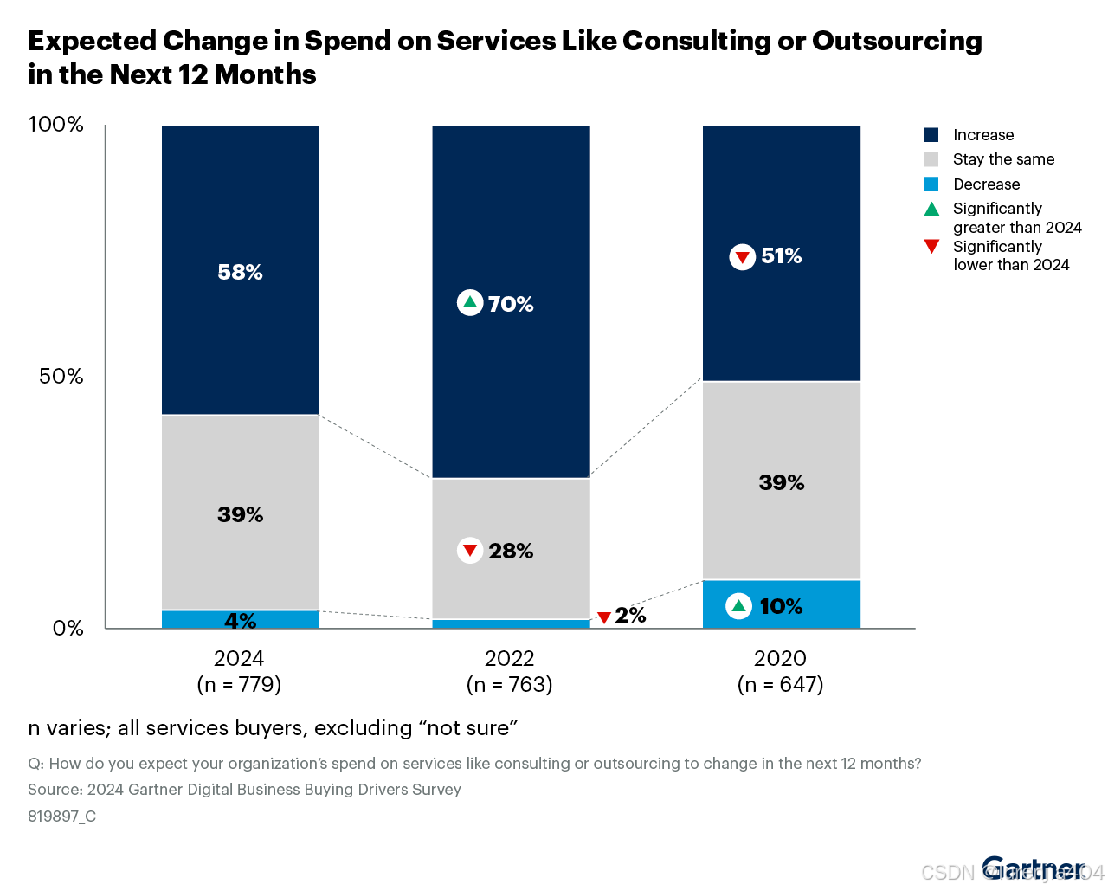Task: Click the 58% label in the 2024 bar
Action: (240, 272)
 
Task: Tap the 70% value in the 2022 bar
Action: (511, 304)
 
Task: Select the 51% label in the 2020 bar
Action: (782, 256)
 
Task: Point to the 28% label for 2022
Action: (511, 551)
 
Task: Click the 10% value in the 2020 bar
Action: (782, 606)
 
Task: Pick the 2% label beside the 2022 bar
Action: (631, 616)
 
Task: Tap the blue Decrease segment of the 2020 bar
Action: (831, 604)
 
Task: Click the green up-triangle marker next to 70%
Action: (469, 302)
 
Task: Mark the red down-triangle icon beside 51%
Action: (742, 257)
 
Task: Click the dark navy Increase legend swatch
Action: (931, 135)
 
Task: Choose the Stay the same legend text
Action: (1003, 159)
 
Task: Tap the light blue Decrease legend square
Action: (931, 184)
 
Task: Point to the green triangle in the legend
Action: (931, 209)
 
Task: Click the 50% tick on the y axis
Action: (61, 377)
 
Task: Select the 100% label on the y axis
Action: (56, 125)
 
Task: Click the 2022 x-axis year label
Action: (509, 658)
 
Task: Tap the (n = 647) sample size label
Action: (780, 685)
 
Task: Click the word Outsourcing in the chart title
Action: (897, 41)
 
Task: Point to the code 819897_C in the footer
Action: (61, 816)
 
